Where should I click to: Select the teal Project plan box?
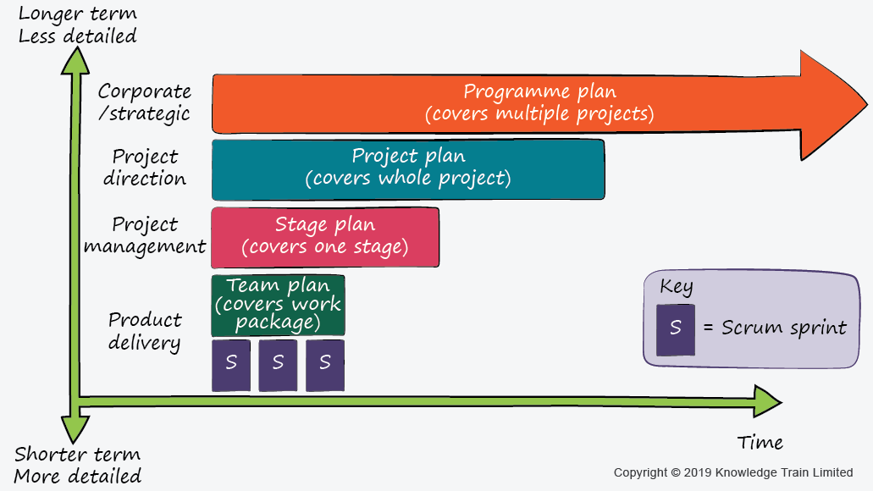(x=408, y=169)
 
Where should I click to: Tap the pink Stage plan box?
(x=325, y=237)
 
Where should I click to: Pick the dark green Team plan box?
(x=278, y=305)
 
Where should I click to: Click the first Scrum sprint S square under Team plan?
(x=231, y=365)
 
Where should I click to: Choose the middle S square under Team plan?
(x=278, y=365)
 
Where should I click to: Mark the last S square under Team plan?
(x=325, y=365)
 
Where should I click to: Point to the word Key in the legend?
(x=676, y=288)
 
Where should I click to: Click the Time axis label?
(x=760, y=443)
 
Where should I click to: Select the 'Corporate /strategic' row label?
(x=144, y=102)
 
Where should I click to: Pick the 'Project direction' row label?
(x=145, y=168)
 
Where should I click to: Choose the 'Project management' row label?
(x=145, y=235)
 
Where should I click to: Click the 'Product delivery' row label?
(x=145, y=331)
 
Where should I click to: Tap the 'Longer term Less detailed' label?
(x=77, y=25)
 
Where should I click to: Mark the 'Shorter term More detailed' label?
(x=78, y=465)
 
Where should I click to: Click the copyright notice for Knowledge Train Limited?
(x=732, y=472)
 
